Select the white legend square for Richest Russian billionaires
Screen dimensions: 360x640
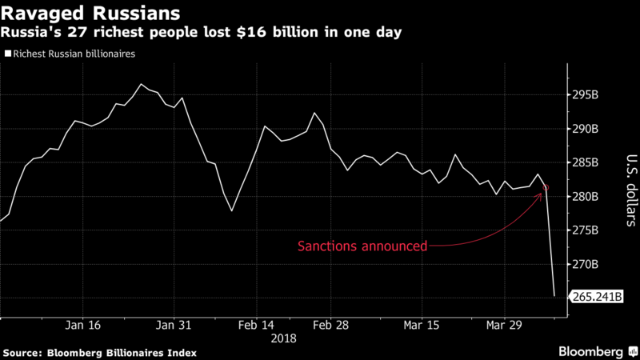coord(8,55)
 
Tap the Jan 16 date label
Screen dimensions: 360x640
coord(83,326)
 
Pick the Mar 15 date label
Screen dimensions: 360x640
coord(422,326)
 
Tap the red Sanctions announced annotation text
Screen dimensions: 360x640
coord(362,246)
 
